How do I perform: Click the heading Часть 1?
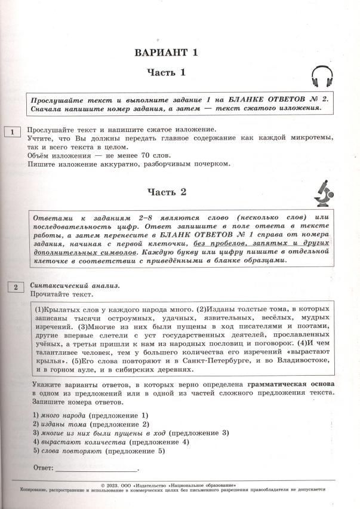167,73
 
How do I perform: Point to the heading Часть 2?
167,192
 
